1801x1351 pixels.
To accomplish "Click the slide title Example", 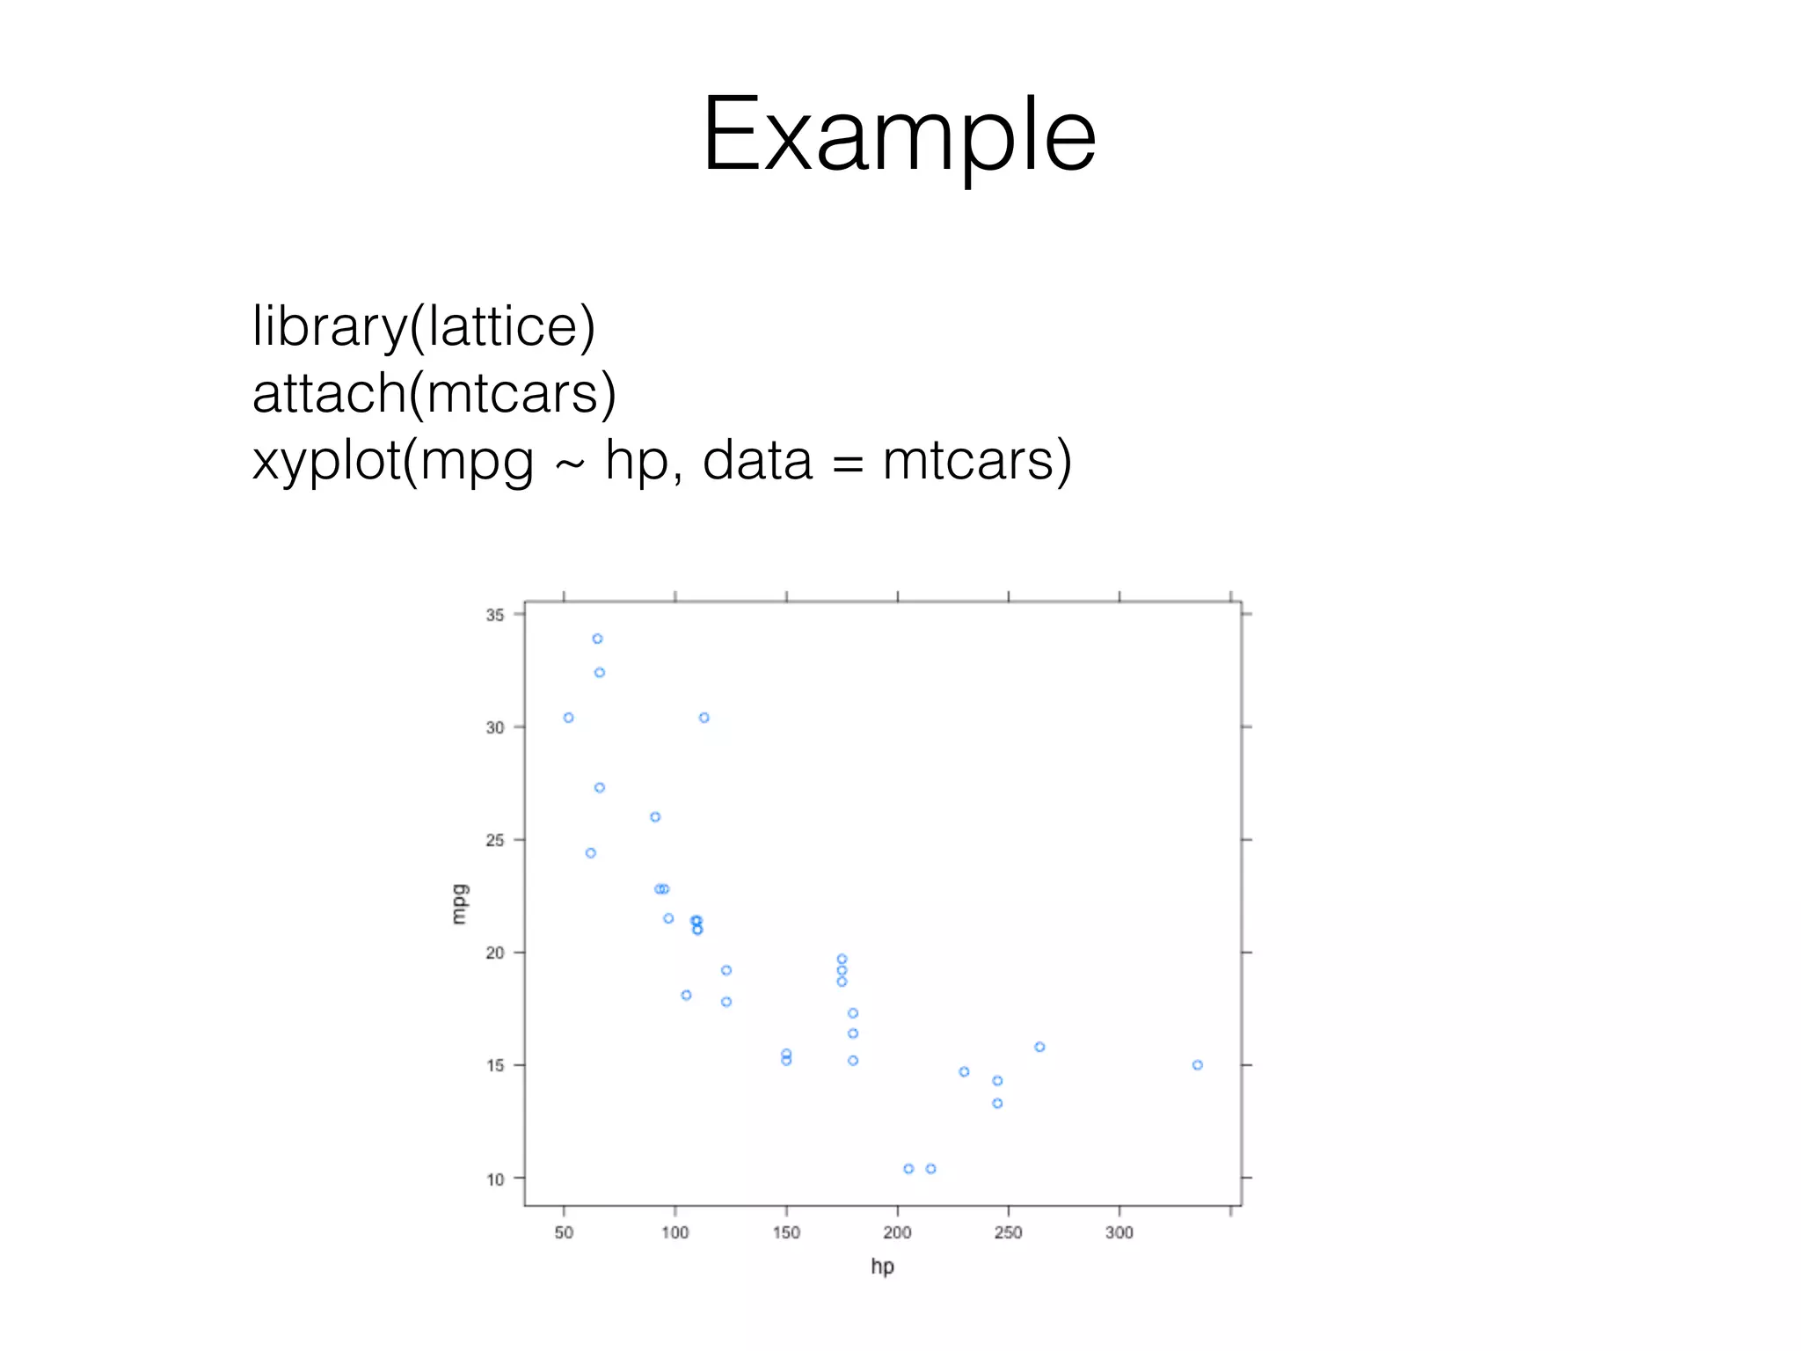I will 899,135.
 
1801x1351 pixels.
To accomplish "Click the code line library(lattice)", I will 424,326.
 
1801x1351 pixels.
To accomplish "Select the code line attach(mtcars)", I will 434,393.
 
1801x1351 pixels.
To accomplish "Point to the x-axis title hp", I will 882,1266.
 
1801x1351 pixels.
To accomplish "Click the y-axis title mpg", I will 459,903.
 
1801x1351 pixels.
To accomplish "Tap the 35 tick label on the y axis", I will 495,615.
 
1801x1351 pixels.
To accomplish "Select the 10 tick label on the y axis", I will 495,1179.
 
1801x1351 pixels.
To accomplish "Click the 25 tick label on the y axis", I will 495,841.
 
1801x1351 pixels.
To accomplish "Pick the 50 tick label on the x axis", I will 564,1233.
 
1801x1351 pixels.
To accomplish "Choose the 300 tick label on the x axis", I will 1119,1233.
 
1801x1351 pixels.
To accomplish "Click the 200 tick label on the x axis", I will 897,1233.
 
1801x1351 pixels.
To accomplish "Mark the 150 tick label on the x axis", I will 786,1233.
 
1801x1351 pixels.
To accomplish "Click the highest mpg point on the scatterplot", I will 597,639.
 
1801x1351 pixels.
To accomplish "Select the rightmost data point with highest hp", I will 1197,1065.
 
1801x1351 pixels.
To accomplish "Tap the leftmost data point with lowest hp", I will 568,718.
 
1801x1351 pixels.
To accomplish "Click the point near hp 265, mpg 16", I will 1039,1047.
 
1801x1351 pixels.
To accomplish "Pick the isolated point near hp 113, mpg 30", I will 704,718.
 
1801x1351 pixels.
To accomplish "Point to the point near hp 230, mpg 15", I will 964,1071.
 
